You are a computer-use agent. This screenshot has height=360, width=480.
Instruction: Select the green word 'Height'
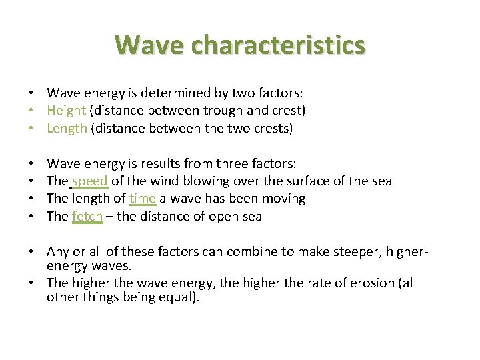(66, 111)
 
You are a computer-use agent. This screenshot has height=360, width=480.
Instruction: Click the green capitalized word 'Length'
(67, 129)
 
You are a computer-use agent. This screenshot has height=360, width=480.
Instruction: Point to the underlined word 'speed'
(90, 181)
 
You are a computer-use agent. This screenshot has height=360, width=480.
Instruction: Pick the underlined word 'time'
(142, 199)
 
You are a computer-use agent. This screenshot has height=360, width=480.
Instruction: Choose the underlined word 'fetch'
(87, 216)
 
